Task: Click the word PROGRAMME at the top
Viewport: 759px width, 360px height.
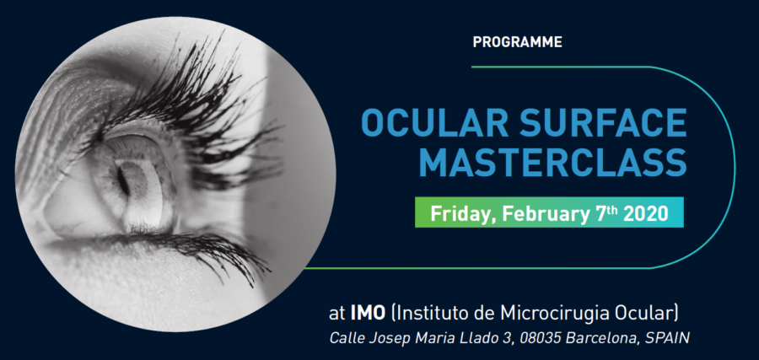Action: pyautogui.click(x=517, y=42)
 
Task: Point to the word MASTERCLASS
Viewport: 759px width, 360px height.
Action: pyautogui.click(x=552, y=163)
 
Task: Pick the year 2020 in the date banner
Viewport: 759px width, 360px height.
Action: pyautogui.click(x=646, y=213)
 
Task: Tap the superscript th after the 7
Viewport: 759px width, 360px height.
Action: pyautogui.click(x=613, y=209)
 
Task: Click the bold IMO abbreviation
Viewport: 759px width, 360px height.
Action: pyautogui.click(x=368, y=313)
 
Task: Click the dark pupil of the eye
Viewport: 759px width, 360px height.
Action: pyautogui.click(x=122, y=180)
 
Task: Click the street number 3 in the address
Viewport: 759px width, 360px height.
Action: pyautogui.click(x=506, y=338)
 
